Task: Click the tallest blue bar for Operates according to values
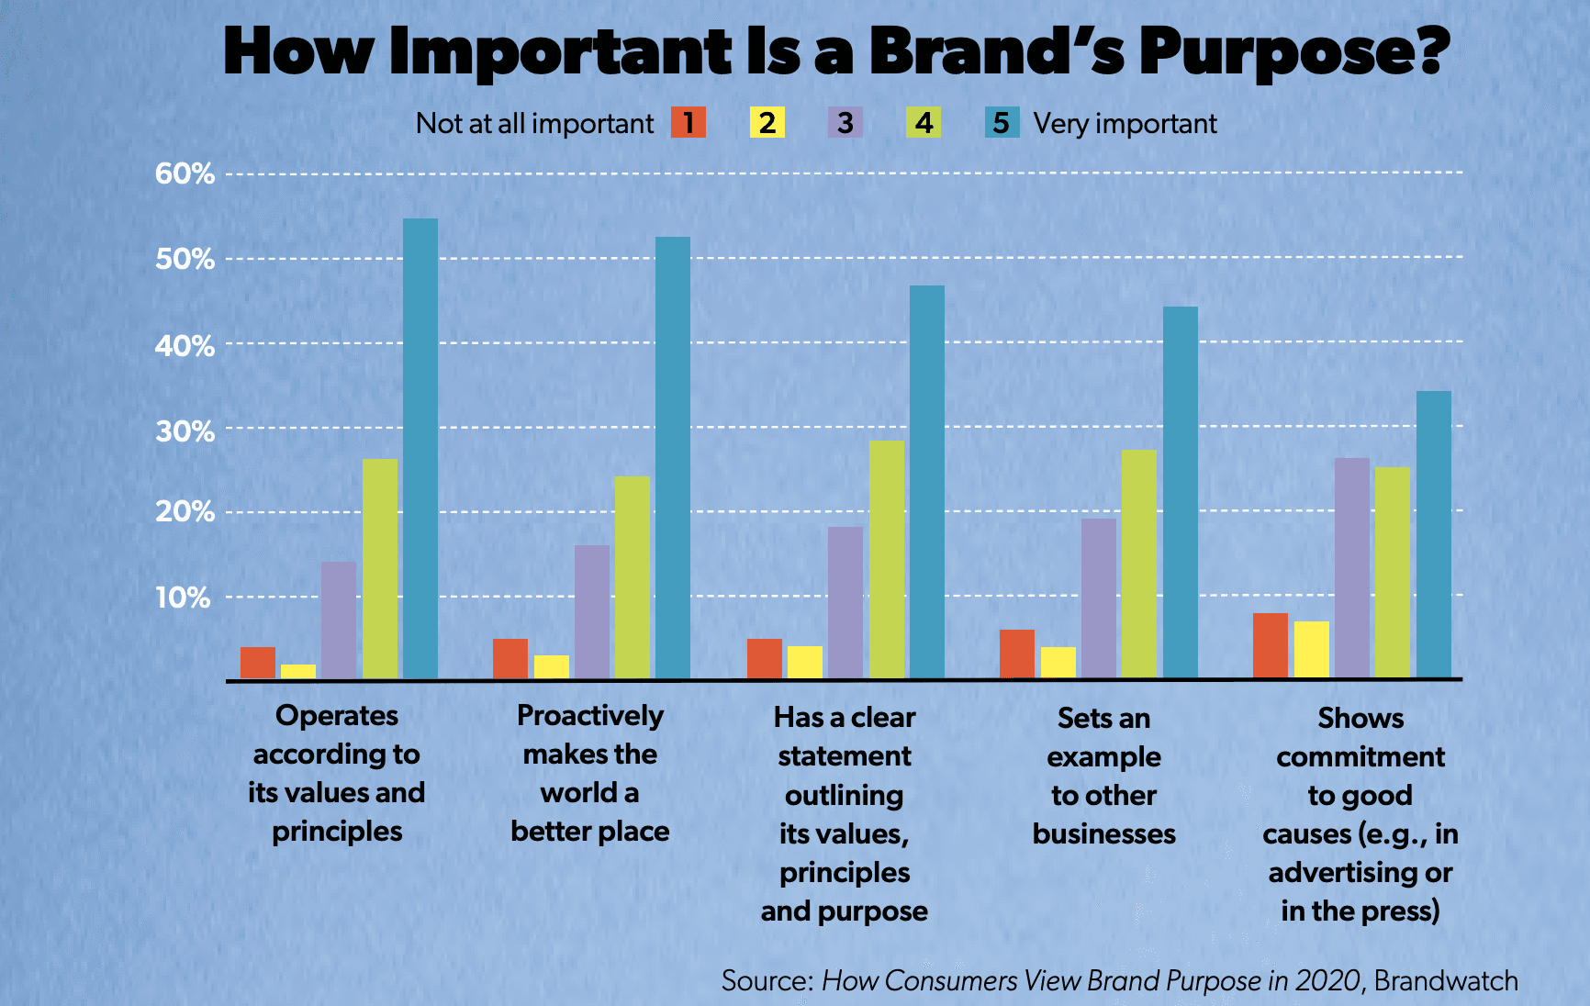420,449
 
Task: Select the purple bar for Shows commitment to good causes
1351,568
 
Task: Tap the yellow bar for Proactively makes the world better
552,667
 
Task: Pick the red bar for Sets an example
1017,654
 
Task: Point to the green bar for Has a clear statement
887,560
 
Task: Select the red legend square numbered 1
689,122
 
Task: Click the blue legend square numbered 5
1002,122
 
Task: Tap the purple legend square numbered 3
845,122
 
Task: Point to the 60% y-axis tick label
185,173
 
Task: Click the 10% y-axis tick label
183,598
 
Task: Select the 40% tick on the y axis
185,346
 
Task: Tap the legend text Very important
1125,123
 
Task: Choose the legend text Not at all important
534,123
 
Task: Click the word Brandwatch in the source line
1446,980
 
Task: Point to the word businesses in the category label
1103,833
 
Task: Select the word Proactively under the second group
590,715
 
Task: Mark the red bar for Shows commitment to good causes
1271,646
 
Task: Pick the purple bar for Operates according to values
339,620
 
